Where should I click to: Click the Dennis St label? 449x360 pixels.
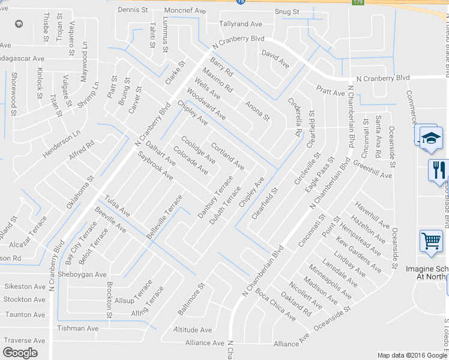133,10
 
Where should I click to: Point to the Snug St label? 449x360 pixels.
288,11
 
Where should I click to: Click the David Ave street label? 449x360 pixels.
276,59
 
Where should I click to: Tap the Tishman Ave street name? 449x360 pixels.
77,328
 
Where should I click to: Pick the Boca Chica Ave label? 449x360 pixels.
275,305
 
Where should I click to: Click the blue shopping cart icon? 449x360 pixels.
431,241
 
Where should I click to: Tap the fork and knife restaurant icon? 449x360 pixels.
438,169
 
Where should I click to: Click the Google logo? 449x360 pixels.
20,353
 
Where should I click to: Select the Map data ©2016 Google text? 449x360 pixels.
411,355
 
